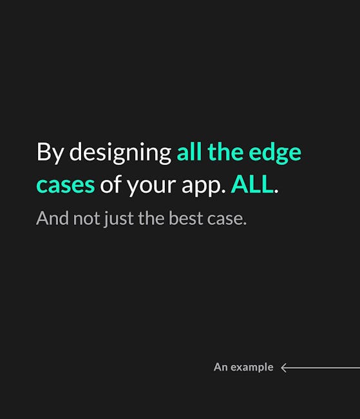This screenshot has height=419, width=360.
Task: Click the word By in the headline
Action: click(50, 152)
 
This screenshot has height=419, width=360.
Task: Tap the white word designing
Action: click(120, 152)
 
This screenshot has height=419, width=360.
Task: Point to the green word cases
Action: click(66, 185)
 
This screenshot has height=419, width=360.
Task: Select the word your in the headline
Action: click(151, 186)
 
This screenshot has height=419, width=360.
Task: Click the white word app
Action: click(204, 186)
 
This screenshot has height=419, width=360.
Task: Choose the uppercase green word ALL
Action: click(252, 184)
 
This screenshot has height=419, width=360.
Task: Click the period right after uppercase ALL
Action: click(276, 191)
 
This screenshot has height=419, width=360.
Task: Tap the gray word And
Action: click(53, 219)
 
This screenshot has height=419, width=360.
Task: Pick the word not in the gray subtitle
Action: click(86, 219)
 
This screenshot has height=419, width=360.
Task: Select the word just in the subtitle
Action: click(119, 219)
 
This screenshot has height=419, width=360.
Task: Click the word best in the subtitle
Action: click(186, 219)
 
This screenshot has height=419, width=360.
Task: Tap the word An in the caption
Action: click(221, 367)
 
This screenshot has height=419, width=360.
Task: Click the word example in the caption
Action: click(252, 367)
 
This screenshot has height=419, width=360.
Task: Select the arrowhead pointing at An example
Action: click(284, 367)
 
